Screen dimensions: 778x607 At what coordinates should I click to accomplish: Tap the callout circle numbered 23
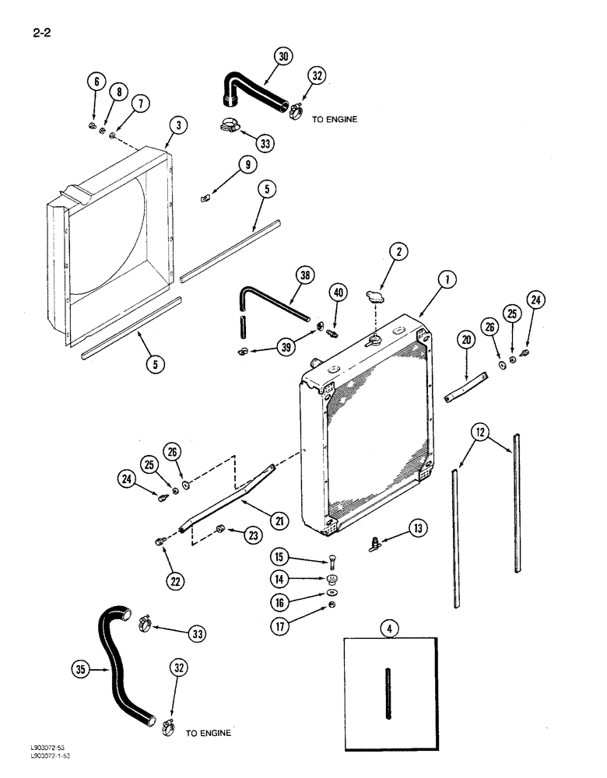click(x=254, y=534)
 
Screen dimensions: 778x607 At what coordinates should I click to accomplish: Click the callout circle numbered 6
click(x=96, y=82)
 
